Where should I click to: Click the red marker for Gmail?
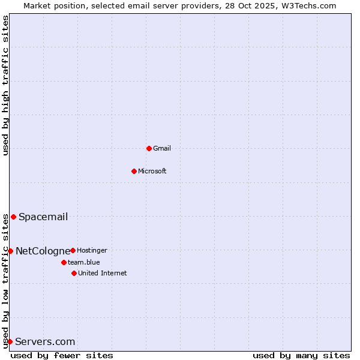[149, 148]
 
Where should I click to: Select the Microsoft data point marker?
[134, 171]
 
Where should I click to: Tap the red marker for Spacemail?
[13, 217]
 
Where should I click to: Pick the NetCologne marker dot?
[10, 251]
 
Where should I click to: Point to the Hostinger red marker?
[73, 250]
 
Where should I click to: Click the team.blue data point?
[64, 262]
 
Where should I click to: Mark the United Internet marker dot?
[74, 273]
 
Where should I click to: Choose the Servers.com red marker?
[10, 342]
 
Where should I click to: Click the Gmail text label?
[162, 148]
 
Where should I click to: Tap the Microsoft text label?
[152, 171]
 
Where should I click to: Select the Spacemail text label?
[43, 217]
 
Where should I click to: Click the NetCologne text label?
[43, 251]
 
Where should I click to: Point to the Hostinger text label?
[92, 250]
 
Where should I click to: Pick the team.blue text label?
[84, 262]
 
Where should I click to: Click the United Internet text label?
[103, 273]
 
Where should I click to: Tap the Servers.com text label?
[45, 342]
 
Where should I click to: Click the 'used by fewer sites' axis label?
[62, 355]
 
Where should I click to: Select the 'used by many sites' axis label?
[301, 355]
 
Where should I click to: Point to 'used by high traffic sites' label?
[5, 86]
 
